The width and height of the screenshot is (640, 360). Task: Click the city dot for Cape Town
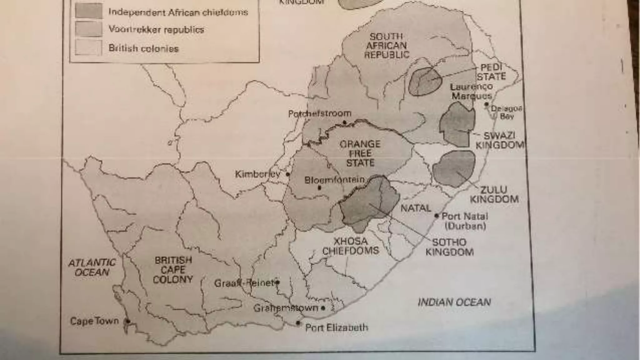[x=127, y=321]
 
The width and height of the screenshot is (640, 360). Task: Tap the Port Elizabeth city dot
[x=298, y=323]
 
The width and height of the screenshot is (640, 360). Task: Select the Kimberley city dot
[x=288, y=174]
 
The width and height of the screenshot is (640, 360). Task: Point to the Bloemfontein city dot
[x=319, y=188]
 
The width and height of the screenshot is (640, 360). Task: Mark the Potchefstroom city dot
[x=345, y=122]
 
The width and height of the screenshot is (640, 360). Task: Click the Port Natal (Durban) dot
[x=437, y=216]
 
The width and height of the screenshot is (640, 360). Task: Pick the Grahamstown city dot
[x=323, y=308]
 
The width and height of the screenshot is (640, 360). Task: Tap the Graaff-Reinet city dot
[x=277, y=282]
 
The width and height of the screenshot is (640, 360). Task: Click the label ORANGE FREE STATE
[x=360, y=153]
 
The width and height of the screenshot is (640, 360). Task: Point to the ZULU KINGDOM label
[x=494, y=194]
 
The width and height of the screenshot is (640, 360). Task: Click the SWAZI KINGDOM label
[x=499, y=140]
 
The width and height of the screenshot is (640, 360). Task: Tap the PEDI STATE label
[x=491, y=72]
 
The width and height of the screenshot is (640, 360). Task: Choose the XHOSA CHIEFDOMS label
[x=350, y=246]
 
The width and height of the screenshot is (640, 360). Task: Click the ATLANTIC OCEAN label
[x=92, y=267]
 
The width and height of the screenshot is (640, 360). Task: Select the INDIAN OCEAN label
[x=454, y=302]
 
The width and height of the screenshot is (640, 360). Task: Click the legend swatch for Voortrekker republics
[x=89, y=29]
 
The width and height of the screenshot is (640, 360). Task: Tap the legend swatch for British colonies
[x=89, y=48]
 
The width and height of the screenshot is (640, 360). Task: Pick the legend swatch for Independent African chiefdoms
[x=89, y=11]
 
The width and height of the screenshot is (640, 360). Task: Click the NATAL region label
[x=416, y=208]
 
